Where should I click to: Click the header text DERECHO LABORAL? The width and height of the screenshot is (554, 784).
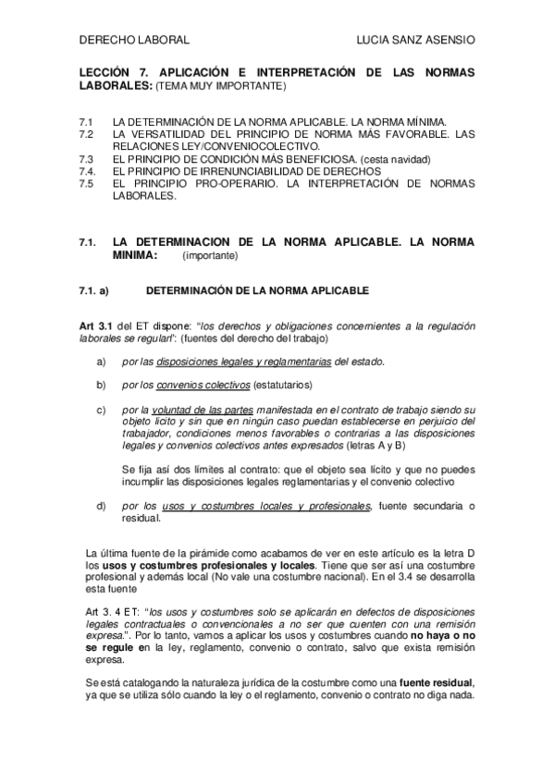(x=134, y=41)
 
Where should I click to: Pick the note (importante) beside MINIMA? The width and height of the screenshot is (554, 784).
(x=210, y=254)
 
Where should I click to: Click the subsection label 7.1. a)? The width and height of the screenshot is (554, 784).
(x=93, y=290)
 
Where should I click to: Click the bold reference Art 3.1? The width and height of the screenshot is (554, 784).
(x=98, y=326)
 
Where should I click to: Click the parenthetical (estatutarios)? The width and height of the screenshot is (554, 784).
(x=283, y=384)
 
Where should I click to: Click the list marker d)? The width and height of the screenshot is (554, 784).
(x=101, y=505)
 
